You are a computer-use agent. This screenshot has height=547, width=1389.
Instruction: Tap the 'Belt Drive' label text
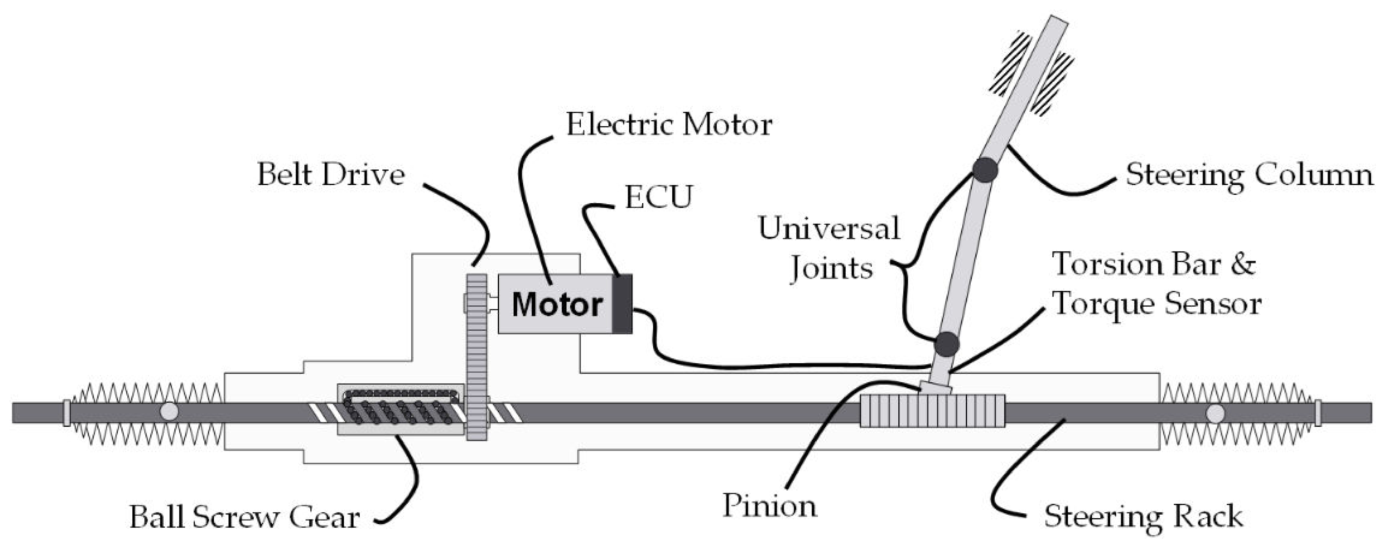[x=331, y=175]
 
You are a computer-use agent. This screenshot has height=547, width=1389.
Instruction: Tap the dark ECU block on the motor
[x=622, y=303]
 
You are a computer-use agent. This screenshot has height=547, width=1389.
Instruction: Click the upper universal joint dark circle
[x=985, y=170]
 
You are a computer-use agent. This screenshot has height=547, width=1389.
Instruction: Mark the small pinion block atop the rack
[x=934, y=388]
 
